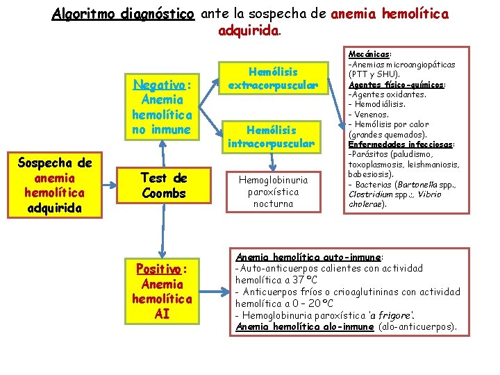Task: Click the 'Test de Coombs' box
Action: pos(163,186)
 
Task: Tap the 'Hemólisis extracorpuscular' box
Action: pos(273,78)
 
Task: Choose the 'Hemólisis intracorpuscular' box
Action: pos(273,136)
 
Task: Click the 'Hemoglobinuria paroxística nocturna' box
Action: pos(273,191)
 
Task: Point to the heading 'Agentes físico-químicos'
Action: pos(396,84)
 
